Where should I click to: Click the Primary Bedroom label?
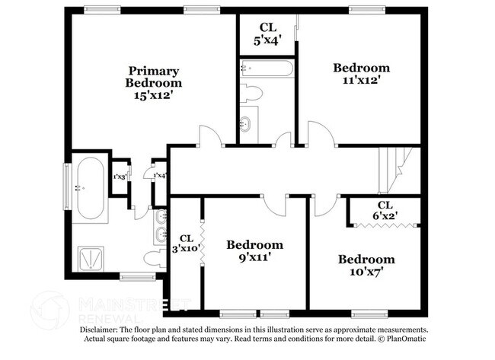coord(155,76)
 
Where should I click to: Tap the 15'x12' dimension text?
coord(155,95)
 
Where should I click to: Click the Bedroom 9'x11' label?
coord(254,250)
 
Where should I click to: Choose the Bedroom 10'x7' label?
coord(367,264)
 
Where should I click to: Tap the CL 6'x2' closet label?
coord(385,211)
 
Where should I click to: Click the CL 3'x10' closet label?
coord(186,243)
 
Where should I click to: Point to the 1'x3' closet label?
coord(119,177)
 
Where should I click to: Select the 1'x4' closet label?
coord(160,176)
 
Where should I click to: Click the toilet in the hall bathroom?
coord(252,94)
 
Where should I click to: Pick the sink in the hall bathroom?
coord(247,124)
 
